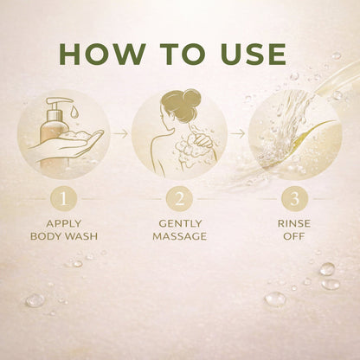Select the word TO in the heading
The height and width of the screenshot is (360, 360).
[x=183, y=55]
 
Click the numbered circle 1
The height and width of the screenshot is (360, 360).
[x=63, y=199]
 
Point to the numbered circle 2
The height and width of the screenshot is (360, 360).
[x=179, y=199]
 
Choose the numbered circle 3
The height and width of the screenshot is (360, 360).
[x=294, y=199]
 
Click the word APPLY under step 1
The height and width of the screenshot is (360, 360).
[x=64, y=223]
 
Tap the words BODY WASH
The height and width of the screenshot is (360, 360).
[x=64, y=236]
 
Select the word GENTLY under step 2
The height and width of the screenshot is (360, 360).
[x=180, y=223]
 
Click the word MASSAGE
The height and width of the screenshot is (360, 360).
[x=180, y=236]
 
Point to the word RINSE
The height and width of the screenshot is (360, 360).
[x=294, y=223]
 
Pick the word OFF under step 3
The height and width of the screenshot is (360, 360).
[x=294, y=236]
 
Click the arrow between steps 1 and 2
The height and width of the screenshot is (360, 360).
[x=119, y=134]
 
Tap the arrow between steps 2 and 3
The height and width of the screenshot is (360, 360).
[x=238, y=134]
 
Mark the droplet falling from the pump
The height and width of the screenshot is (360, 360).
[x=74, y=111]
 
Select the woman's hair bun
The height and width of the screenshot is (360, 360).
[x=190, y=98]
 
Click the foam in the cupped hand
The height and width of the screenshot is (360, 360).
[x=75, y=136]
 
